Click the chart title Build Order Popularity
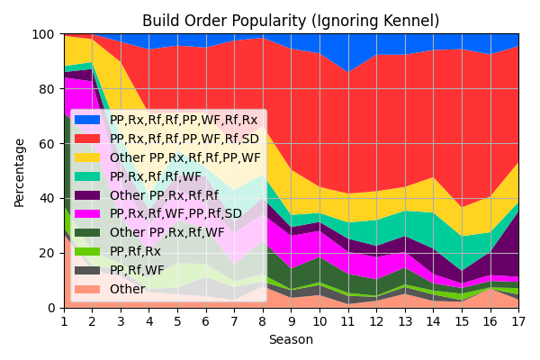291,21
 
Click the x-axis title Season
291,340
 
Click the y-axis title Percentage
20,171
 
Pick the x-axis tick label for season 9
291,320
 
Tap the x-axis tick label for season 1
64,320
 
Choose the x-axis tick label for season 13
404,320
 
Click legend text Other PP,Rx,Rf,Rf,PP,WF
184,157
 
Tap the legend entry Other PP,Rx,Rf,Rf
163,194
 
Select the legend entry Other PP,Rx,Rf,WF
166,232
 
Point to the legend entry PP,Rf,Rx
135,251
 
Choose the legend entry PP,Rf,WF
137,270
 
